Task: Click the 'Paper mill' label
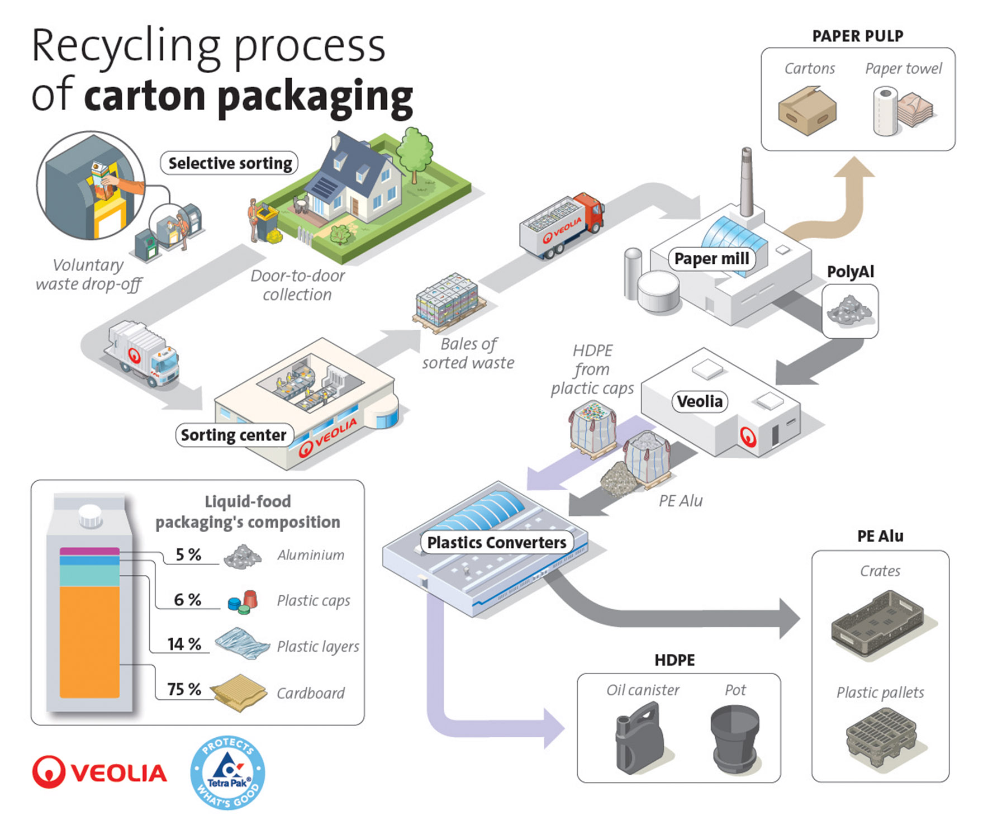point(711,259)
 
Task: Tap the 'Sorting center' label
point(234,435)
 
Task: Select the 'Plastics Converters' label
point(497,542)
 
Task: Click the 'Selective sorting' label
point(230,163)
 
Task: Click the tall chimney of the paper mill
point(746,181)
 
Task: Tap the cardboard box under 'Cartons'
point(807,111)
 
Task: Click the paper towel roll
point(885,111)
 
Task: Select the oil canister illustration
point(639,737)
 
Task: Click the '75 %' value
point(184,689)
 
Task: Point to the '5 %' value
point(188,554)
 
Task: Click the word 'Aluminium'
point(311,555)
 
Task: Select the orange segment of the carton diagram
point(89,642)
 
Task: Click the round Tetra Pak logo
point(227,772)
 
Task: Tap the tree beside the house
point(414,153)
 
